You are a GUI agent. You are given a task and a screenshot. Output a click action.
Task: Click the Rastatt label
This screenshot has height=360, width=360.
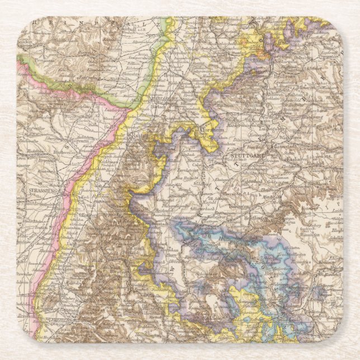138,136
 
